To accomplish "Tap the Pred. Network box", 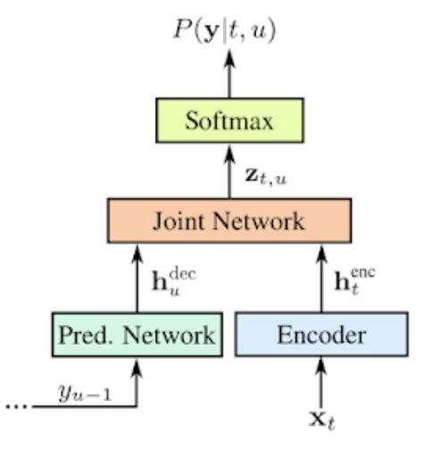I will tap(137, 335).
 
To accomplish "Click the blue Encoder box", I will tap(321, 335).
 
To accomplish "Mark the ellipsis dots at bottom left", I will tap(15, 404).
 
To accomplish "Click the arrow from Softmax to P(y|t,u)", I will tap(229, 74).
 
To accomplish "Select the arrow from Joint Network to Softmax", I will tap(229, 171).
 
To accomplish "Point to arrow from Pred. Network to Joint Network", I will tap(137, 277).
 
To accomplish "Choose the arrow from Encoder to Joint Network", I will tap(321, 277).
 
